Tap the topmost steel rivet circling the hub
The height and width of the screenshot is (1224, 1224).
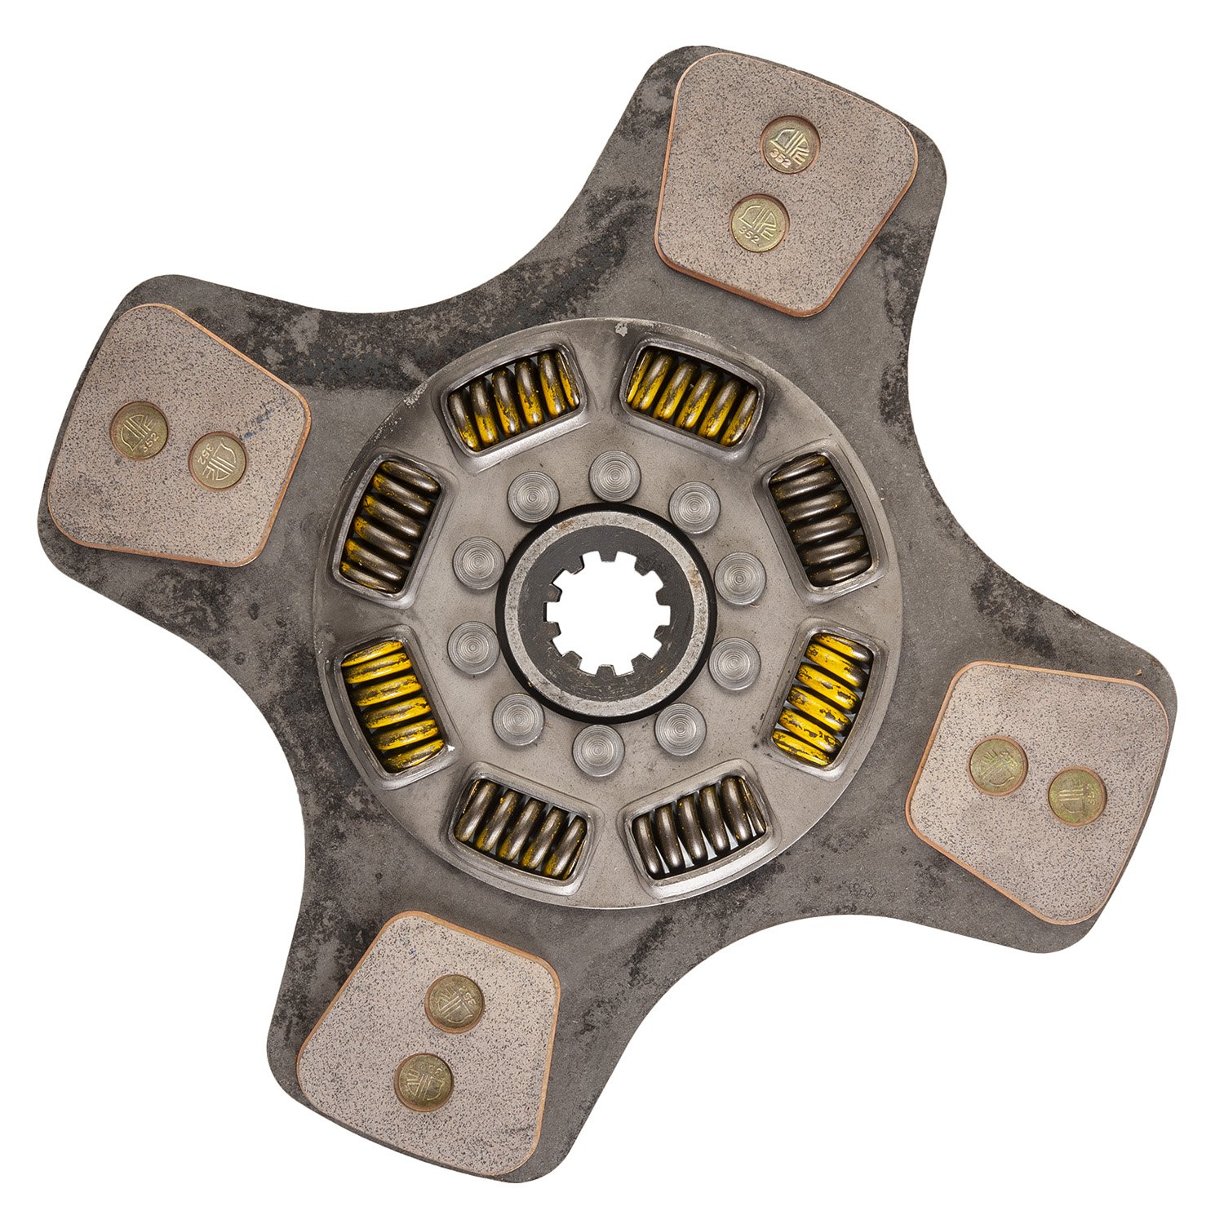[614, 476]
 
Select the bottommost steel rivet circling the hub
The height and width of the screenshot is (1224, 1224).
[598, 750]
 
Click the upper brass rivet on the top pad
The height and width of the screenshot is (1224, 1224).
[791, 145]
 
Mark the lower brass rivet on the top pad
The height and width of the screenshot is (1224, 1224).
[759, 224]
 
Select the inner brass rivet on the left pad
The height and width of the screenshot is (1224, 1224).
[218, 460]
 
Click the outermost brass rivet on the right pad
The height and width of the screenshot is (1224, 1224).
[1076, 796]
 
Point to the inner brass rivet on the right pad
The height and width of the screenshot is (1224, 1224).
[998, 765]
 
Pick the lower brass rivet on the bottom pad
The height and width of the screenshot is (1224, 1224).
[424, 1082]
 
